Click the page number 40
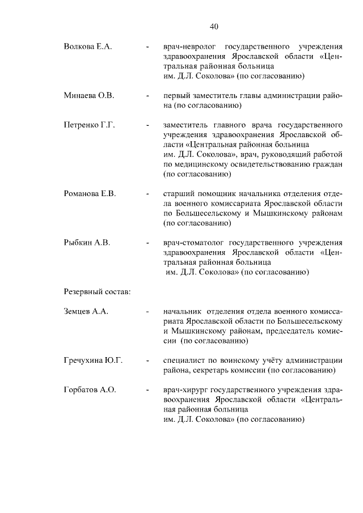213,27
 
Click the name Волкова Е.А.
87,46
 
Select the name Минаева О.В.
89,95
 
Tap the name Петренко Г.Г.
90,125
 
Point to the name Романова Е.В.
90,194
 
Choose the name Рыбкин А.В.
87,243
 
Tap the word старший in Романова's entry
178,194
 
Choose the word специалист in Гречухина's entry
183,361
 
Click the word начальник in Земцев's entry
181,312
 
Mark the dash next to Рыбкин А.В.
147,243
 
